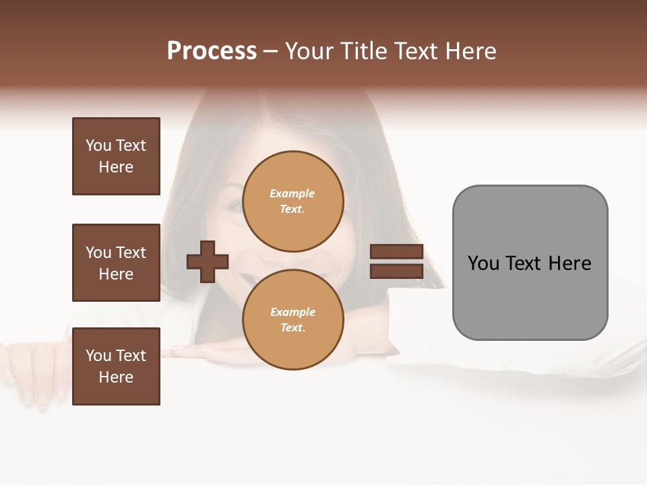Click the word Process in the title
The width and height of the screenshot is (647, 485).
pyautogui.click(x=212, y=51)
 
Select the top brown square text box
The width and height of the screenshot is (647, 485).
pyautogui.click(x=116, y=156)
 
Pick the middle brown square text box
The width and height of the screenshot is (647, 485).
pyautogui.click(x=116, y=263)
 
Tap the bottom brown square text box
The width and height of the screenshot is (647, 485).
pyautogui.click(x=116, y=366)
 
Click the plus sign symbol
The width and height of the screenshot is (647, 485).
pyautogui.click(x=208, y=261)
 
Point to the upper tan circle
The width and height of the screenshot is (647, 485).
pyautogui.click(x=292, y=201)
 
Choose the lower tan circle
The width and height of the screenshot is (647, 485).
pyautogui.click(x=292, y=320)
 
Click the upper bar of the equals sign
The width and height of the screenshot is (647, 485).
pyautogui.click(x=396, y=251)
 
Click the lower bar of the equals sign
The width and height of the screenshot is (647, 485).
pyautogui.click(x=396, y=271)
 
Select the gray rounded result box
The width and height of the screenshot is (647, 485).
pyautogui.click(x=530, y=296)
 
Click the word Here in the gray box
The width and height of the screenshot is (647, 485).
pyautogui.click(x=570, y=263)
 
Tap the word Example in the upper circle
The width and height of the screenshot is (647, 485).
pyautogui.click(x=292, y=193)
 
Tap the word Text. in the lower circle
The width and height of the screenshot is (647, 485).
pyautogui.click(x=292, y=328)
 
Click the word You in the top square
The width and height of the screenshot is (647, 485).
pyautogui.click(x=98, y=145)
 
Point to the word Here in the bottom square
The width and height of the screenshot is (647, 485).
pyautogui.click(x=116, y=377)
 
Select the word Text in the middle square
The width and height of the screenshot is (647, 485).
pyautogui.click(x=131, y=253)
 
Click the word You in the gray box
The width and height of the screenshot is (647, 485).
pyautogui.click(x=483, y=263)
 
